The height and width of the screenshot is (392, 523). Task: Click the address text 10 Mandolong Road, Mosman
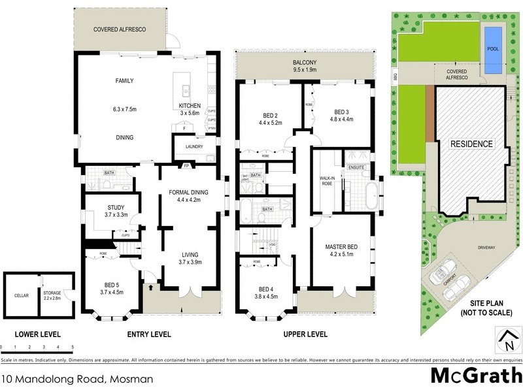click(77, 378)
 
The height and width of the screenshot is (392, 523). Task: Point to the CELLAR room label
click(22, 295)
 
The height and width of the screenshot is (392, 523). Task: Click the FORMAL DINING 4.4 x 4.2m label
click(188, 197)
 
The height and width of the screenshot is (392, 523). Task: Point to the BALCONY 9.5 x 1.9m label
click(305, 65)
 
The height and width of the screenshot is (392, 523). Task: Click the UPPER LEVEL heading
click(305, 334)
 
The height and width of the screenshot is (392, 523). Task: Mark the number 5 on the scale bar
click(73, 347)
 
